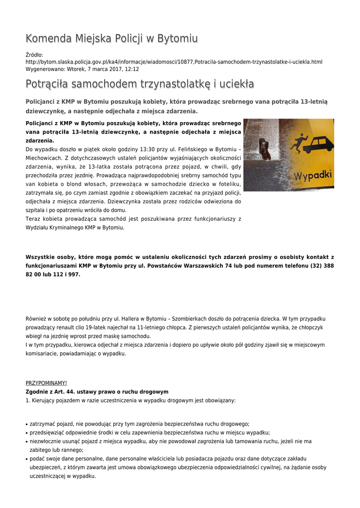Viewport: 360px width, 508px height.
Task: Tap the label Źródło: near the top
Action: coord(34,55)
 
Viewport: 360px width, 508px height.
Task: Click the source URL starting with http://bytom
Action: coord(174,62)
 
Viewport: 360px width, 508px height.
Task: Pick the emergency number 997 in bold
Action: coord(74,274)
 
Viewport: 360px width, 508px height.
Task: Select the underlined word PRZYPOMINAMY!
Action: coord(46,383)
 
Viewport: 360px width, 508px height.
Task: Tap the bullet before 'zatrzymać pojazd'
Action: coord(26,425)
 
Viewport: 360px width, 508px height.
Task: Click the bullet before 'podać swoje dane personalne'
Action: coord(26,459)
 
